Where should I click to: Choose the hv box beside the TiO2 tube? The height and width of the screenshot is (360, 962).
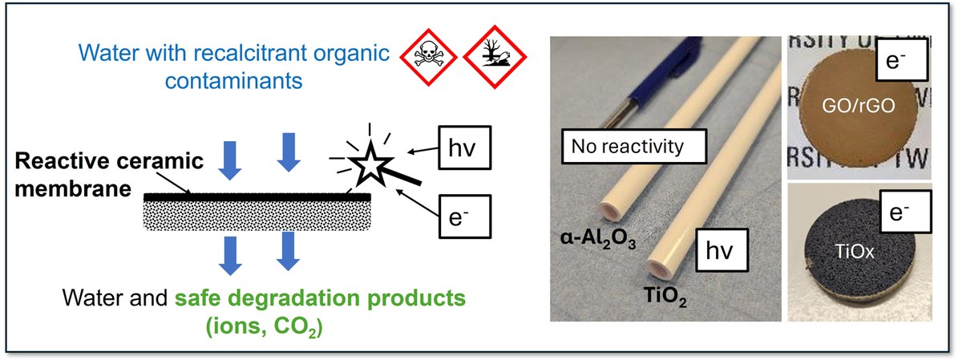tap(720, 250)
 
